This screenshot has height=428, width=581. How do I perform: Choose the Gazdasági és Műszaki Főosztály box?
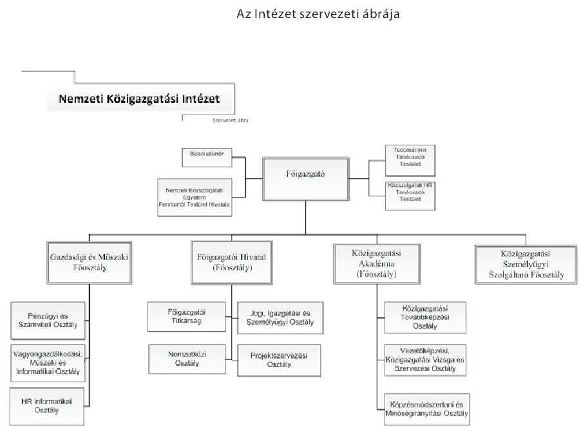tap(90, 261)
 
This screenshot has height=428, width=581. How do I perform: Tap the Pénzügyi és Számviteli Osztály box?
tap(48, 320)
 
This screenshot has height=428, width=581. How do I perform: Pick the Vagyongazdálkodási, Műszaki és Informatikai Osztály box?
tap(48, 362)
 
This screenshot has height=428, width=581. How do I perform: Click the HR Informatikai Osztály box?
tap(48, 405)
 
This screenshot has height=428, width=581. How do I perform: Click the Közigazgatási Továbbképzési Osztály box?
tap(424, 317)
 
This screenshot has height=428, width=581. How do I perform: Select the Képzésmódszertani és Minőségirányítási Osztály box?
tap(425, 408)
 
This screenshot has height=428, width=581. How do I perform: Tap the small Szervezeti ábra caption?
tap(230, 120)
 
